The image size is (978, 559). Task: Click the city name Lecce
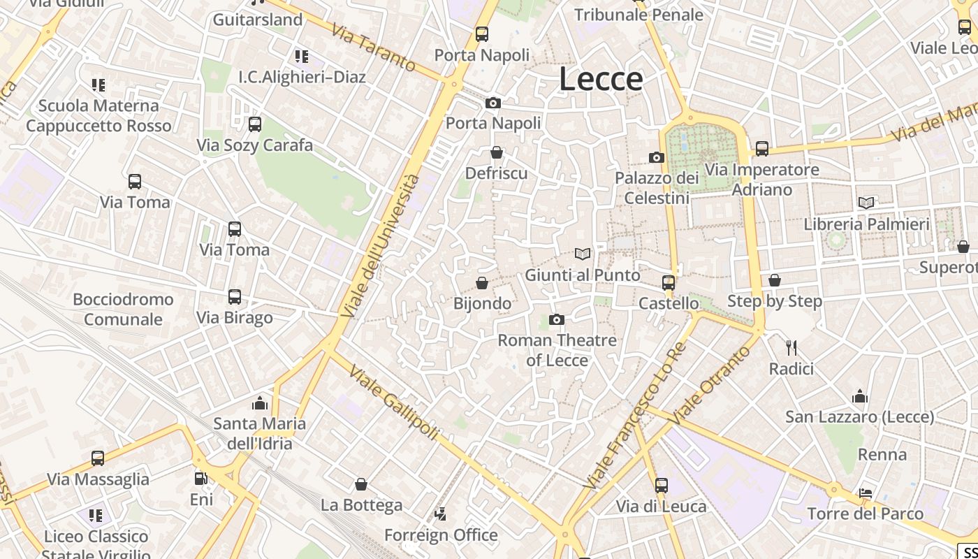(x=601, y=79)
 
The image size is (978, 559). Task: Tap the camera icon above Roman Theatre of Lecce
(x=557, y=320)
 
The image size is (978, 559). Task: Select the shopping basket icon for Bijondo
(x=481, y=283)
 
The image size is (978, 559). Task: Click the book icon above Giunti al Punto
(x=583, y=254)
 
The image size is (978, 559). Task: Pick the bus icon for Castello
(x=669, y=283)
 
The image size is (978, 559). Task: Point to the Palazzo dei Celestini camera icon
(x=656, y=158)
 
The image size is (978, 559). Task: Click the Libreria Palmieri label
(x=866, y=224)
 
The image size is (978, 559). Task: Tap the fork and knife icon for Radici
(x=791, y=347)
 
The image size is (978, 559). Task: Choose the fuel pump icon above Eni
(x=201, y=479)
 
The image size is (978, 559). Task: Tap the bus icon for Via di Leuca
(x=661, y=485)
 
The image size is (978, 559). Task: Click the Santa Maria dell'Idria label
(x=259, y=433)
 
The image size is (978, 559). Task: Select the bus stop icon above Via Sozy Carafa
(x=255, y=124)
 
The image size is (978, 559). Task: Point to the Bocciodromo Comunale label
(x=123, y=310)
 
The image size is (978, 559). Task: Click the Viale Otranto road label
(x=704, y=384)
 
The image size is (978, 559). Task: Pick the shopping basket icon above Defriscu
(x=497, y=152)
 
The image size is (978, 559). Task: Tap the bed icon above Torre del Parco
(x=866, y=493)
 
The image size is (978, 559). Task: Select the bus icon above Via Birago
(x=235, y=297)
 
